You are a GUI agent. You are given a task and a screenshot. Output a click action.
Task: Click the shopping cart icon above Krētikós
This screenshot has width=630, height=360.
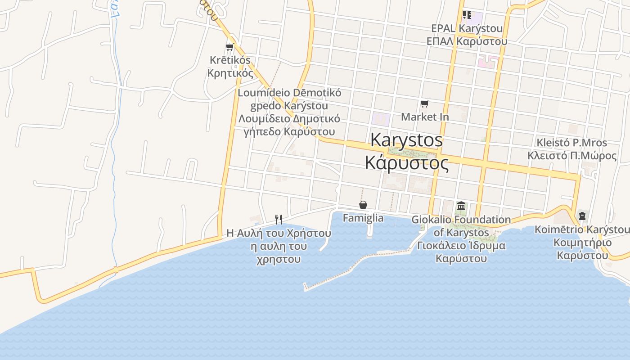click(230, 47)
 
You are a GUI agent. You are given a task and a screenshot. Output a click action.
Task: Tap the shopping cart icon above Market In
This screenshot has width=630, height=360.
click(424, 104)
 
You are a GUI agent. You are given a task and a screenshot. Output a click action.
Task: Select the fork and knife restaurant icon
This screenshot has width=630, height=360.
click(279, 220)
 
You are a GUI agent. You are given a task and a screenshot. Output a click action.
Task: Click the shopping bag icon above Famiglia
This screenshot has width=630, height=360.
click(363, 205)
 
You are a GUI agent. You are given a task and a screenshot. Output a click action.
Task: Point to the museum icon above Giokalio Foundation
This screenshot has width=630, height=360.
click(461, 206)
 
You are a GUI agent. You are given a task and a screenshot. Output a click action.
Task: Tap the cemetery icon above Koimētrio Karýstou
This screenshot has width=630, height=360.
click(582, 216)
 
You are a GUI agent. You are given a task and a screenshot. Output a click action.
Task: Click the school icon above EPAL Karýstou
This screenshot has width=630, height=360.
click(467, 15)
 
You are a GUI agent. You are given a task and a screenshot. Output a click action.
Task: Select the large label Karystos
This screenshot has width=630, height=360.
click(406, 140)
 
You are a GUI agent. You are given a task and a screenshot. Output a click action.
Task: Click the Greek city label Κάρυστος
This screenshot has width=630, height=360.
click(406, 162)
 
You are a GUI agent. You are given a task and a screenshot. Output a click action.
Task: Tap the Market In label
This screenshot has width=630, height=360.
click(425, 117)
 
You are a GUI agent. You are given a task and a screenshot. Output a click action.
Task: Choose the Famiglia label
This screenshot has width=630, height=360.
click(363, 218)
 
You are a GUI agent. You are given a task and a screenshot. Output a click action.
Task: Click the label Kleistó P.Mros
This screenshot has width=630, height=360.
click(571, 143)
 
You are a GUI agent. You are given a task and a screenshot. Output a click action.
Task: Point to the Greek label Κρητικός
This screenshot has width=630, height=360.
click(230, 73)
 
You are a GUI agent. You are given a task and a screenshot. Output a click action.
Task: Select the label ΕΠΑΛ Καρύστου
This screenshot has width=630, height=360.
click(467, 41)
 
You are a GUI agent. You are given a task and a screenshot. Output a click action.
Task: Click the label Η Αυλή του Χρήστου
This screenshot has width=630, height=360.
click(279, 233)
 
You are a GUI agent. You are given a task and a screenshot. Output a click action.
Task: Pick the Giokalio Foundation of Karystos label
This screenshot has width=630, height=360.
click(461, 226)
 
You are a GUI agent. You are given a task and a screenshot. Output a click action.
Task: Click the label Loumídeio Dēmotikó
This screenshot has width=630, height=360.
click(289, 93)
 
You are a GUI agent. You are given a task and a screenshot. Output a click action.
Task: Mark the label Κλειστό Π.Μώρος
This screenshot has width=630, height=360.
click(572, 156)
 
